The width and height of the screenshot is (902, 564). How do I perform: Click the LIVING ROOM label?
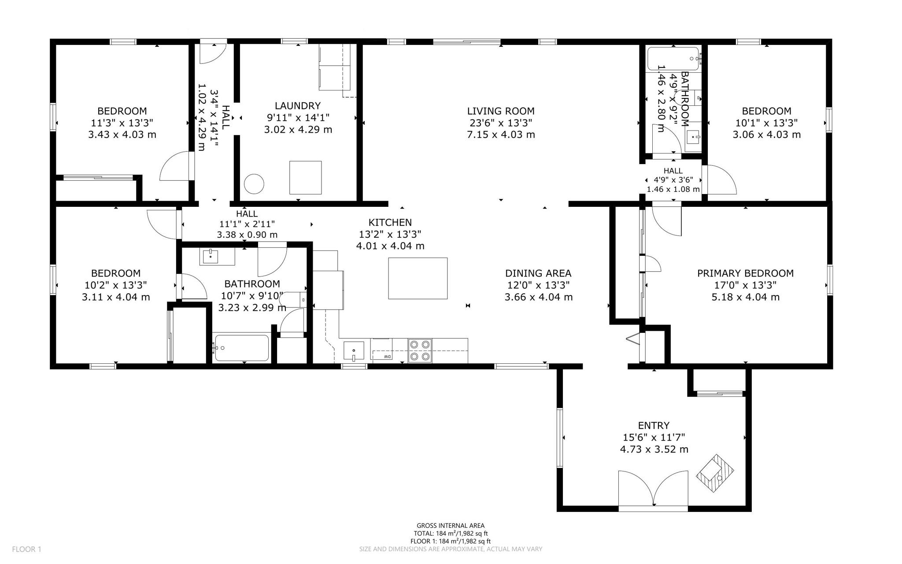tap(501, 111)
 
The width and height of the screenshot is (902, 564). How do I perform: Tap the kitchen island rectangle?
tap(418, 278)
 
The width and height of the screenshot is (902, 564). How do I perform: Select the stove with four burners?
tap(420, 350)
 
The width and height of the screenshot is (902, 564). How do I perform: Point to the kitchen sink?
tap(354, 351)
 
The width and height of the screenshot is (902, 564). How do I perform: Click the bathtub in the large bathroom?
tap(241, 348)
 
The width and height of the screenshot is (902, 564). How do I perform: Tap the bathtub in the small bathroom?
tap(673, 59)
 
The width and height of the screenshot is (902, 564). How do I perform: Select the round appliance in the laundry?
tap(254, 183)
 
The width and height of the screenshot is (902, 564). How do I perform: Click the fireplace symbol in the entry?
tap(714, 474)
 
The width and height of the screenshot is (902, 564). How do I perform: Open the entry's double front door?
tap(653, 489)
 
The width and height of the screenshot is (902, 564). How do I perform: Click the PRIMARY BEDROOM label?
tap(745, 273)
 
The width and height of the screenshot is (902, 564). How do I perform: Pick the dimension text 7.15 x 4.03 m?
tap(501, 134)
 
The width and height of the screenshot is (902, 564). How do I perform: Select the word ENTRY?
tap(654, 426)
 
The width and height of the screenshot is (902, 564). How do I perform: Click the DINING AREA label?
tap(538, 273)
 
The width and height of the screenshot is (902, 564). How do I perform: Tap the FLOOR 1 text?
tap(26, 549)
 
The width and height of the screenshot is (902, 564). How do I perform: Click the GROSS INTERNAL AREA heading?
tap(451, 526)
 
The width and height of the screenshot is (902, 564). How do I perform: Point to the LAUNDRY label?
tap(298, 106)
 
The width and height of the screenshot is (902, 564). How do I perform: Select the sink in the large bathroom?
tap(211, 256)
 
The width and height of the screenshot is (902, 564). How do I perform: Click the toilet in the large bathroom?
tap(292, 300)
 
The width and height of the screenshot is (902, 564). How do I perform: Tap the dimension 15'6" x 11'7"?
tap(654, 437)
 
